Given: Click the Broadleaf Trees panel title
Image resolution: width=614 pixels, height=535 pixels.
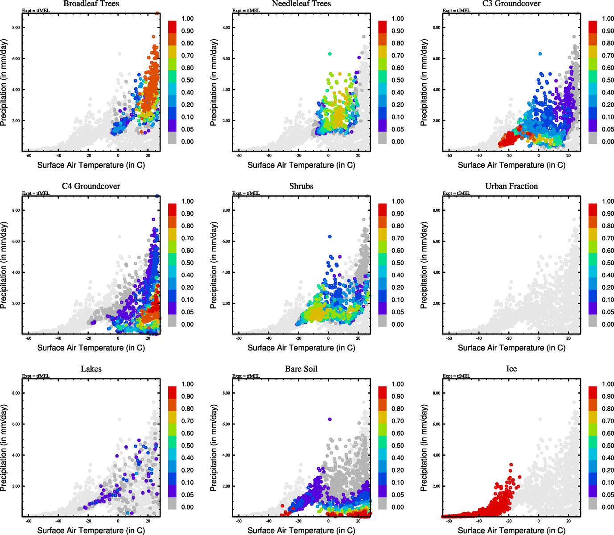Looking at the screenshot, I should tap(91, 4).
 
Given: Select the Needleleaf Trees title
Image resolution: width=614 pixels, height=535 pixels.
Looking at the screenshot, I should tap(301, 4).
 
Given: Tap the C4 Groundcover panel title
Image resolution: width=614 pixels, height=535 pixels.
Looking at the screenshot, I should tap(91, 186).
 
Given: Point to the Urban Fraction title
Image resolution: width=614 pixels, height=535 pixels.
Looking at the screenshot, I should tap(511, 186).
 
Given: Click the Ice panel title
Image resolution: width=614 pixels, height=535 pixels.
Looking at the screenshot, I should tap(511, 369).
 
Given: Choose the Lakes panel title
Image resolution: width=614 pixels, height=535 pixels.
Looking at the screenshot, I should tap(91, 369).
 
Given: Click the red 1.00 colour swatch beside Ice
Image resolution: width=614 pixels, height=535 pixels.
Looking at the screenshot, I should tap(593, 392).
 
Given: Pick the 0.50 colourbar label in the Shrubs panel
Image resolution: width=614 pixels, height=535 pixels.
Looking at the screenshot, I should tap(398, 263).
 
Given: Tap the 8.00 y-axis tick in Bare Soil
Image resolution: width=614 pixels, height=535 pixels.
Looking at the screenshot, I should tap(227, 393).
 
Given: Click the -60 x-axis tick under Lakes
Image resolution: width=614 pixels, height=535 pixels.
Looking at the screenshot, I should tap(29, 521).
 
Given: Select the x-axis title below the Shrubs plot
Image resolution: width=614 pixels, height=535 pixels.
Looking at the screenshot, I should tap(301, 348).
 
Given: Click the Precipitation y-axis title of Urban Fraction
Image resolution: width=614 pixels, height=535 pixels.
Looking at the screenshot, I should tap(424, 265).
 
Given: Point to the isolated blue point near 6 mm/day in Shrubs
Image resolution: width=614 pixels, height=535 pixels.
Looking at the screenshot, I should tap(330, 237).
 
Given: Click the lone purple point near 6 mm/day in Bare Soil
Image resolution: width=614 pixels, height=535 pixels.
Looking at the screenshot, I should tap(330, 420).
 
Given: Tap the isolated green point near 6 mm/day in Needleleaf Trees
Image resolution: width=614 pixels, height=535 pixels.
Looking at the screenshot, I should tap(330, 54).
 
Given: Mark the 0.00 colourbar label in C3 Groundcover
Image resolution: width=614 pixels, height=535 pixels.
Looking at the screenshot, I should tap(608, 142).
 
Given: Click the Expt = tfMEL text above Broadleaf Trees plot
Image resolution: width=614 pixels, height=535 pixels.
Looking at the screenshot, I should tap(36, 11).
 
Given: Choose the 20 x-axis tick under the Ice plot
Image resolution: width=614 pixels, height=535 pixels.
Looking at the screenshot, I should tap(569, 521).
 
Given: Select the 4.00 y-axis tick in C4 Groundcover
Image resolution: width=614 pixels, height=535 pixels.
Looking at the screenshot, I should tap(16, 272).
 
